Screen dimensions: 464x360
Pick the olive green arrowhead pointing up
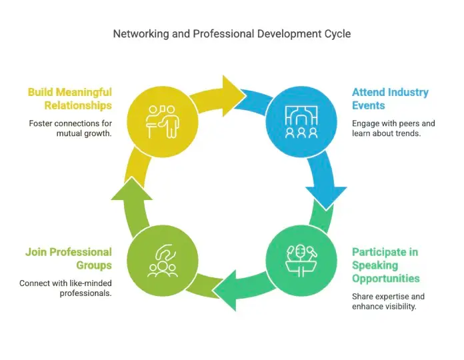tap(132, 189)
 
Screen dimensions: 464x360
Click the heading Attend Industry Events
tap(390, 99)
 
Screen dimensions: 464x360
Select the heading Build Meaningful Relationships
tap(70, 99)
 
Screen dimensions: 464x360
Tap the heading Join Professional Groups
tap(69, 259)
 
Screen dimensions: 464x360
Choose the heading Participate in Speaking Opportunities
tap(386, 265)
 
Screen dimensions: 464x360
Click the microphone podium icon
tap(301, 261)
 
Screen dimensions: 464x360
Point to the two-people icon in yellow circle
tap(163, 121)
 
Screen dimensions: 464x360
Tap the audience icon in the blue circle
tap(301, 122)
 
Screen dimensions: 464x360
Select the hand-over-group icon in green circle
tap(163, 261)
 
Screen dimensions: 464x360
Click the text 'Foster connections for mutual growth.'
tap(71, 129)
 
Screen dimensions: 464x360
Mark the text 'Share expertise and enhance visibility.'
tap(388, 301)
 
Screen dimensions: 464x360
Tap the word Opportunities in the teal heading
tap(386, 279)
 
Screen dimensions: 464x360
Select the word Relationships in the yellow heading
tap(78, 105)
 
